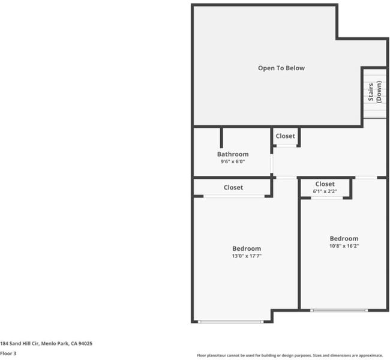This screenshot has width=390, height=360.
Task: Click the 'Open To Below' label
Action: pos(281,68)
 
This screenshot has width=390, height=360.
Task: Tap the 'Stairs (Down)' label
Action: pos(374,92)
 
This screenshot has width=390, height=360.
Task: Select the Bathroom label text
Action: pos(233,154)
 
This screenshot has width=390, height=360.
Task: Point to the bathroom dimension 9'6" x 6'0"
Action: pos(233,161)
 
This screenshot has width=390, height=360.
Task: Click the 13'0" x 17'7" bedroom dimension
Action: pos(247,256)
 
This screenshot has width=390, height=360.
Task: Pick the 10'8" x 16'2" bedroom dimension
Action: pos(344,246)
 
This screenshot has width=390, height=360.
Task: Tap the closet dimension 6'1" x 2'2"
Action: pos(325,191)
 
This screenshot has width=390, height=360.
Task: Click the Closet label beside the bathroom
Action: pos(285,136)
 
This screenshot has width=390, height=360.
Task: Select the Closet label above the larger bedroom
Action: pos(233,187)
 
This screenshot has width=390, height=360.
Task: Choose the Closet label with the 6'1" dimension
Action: pos(325,184)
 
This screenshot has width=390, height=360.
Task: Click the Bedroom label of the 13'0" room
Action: pos(247,248)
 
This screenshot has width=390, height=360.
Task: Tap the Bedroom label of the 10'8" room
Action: pos(344,239)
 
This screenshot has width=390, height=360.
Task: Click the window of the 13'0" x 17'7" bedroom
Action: pos(230,322)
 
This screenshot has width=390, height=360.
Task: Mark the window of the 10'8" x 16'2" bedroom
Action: pos(339,310)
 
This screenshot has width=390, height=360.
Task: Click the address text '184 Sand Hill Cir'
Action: pos(19,344)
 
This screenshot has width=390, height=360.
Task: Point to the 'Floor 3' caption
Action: pos(8,353)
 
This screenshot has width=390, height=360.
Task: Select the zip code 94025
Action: pos(85,344)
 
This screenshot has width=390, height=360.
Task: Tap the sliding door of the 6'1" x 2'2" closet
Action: pos(327,198)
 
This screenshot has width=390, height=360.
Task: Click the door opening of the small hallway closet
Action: pos(287,146)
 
